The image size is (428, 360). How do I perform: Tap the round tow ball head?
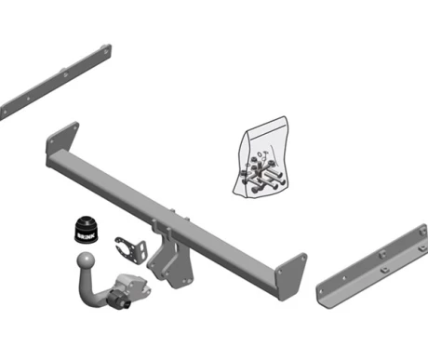click(86, 260)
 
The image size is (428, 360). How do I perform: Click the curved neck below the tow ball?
click(90, 288)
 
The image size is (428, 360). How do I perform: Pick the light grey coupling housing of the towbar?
click(132, 287)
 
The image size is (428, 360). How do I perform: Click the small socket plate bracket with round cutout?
click(130, 249)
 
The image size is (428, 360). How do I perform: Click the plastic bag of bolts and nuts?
click(261, 157)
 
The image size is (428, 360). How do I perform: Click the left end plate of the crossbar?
click(62, 139)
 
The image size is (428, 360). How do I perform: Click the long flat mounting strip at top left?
click(55, 82)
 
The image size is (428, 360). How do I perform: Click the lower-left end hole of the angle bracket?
click(321, 291)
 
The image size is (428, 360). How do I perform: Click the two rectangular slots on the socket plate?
click(142, 249)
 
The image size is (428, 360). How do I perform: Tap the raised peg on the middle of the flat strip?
click(63, 71)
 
